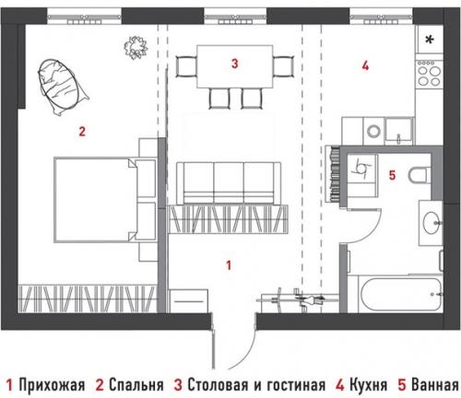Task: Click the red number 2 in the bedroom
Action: pyautogui.click(x=82, y=131)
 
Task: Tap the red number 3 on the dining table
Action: pyautogui.click(x=235, y=64)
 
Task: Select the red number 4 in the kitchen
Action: pyautogui.click(x=366, y=65)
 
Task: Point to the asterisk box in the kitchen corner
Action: pyautogui.click(x=431, y=39)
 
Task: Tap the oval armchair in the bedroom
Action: pyautogui.click(x=61, y=84)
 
